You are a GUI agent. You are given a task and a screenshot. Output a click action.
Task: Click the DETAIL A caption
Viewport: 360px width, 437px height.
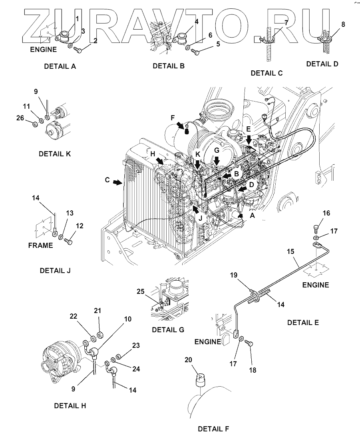60,66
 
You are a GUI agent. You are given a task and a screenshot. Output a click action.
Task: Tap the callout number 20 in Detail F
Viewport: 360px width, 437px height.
188,360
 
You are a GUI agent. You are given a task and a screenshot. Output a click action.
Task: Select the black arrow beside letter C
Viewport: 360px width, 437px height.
118,183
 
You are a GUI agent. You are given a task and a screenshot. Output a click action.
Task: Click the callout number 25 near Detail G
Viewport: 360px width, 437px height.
141,291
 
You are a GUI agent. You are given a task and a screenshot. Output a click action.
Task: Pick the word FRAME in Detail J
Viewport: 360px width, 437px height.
41,245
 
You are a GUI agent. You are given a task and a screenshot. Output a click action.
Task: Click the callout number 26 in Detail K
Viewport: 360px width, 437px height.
20,118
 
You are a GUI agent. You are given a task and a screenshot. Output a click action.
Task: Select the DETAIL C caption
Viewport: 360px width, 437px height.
267,73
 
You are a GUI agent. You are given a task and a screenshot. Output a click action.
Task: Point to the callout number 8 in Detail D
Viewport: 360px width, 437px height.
343,24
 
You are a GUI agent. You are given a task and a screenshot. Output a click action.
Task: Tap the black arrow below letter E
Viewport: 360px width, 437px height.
249,140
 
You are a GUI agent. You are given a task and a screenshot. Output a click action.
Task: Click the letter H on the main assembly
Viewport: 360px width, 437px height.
153,154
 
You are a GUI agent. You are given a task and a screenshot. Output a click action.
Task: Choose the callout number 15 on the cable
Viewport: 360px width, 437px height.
290,251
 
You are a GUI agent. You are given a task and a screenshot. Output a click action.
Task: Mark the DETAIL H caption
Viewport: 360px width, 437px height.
70,405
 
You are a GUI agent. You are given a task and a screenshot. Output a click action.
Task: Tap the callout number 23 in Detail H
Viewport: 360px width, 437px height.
135,345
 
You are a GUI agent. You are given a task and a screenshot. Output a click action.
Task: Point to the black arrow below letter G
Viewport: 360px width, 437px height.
217,160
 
